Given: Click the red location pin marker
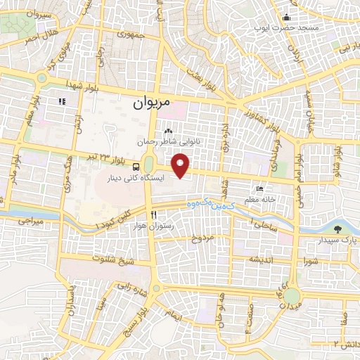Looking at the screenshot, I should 181,166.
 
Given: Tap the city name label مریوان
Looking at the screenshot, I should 152,103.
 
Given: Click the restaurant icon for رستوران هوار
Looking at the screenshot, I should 153,214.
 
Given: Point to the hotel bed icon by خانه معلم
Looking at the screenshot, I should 261,189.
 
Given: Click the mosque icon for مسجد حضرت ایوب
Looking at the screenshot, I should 286,18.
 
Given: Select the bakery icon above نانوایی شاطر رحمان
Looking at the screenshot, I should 168,131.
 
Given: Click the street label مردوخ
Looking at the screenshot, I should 202,239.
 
